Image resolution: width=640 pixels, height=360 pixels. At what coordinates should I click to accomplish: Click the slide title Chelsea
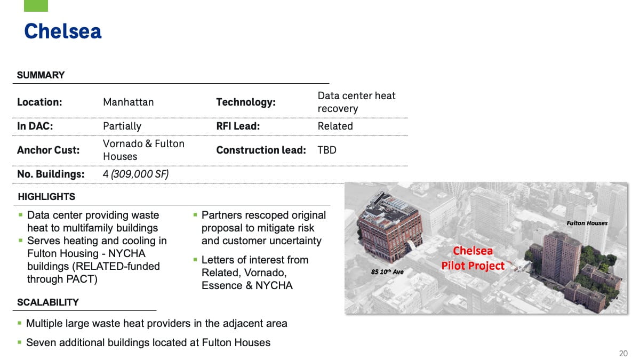[x=63, y=31]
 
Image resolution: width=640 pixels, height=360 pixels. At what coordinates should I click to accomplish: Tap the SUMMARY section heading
[x=41, y=75]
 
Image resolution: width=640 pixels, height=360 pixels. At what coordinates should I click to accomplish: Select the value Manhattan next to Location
[x=128, y=102]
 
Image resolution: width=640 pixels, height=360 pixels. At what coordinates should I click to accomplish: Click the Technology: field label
[x=246, y=102]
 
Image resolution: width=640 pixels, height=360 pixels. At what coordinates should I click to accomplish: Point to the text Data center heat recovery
[x=356, y=102]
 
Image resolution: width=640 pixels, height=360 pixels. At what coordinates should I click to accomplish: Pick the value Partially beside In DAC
[x=122, y=126]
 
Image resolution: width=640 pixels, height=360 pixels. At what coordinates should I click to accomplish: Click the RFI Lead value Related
[x=335, y=126]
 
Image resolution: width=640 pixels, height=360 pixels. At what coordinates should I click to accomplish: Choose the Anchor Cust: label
[x=48, y=150]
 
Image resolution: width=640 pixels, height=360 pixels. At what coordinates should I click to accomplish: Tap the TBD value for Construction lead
[x=327, y=150]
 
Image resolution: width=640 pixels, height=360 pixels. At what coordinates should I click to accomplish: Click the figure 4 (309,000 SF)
[x=135, y=174]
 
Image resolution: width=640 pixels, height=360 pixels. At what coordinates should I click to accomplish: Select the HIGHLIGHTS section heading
[x=46, y=197]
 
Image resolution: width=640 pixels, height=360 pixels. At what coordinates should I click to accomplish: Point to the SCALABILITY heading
[x=48, y=302]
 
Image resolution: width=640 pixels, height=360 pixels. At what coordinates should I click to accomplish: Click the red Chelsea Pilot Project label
[x=473, y=258]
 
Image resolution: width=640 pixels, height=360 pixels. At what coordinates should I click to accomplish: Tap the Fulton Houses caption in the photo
[x=587, y=223]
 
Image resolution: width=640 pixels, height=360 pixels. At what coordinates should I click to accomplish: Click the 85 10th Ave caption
[x=387, y=272]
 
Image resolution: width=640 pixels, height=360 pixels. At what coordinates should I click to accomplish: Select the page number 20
[x=623, y=353]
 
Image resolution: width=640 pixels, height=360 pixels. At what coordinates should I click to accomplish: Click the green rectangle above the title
[x=36, y=5]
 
